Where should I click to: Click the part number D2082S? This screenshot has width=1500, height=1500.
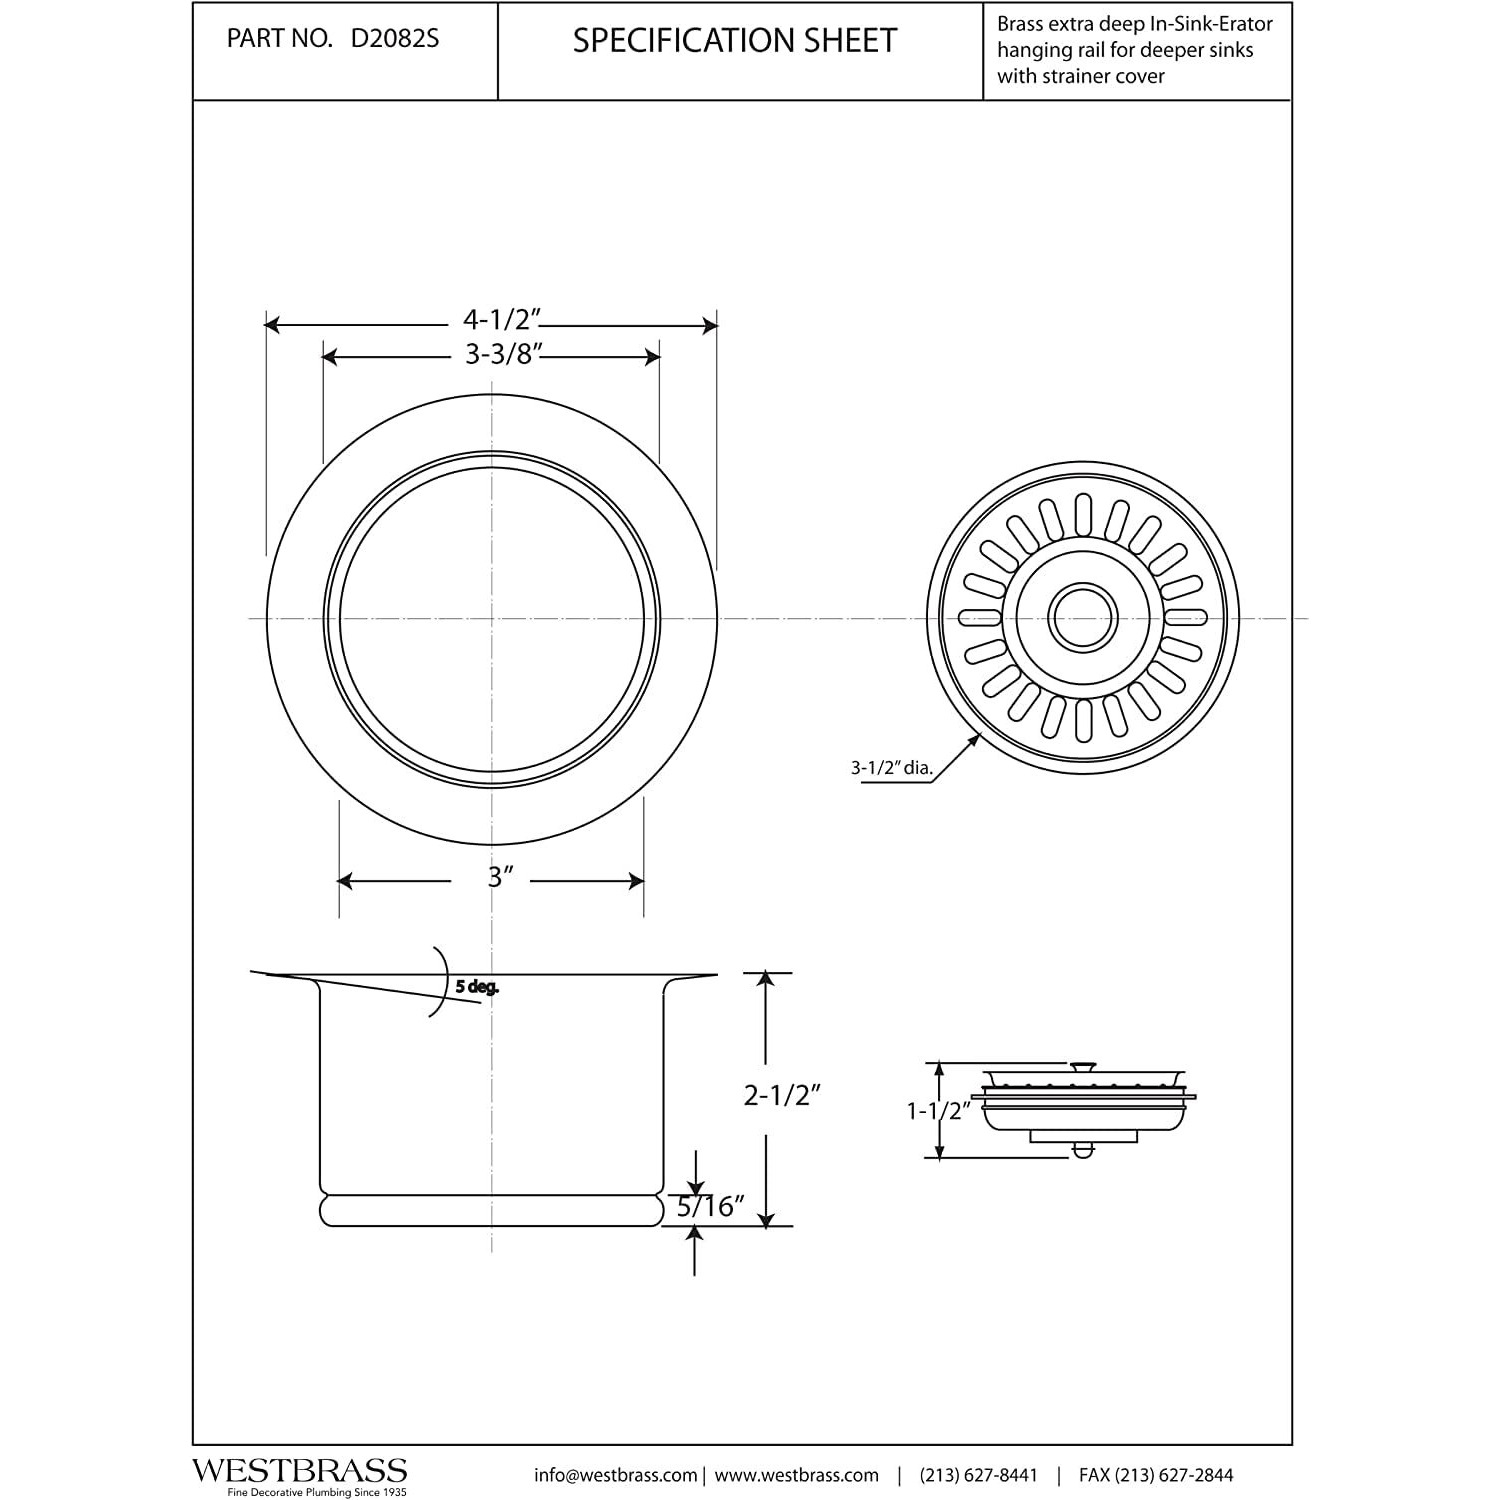tap(394, 39)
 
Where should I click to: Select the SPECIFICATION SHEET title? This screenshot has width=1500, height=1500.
tap(735, 40)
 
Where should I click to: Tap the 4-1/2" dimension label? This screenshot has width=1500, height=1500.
tap(501, 319)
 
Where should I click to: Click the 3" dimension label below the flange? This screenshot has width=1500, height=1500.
tap(500, 877)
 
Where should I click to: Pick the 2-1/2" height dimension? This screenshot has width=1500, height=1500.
tap(782, 1095)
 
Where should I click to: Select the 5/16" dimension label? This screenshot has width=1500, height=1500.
tap(711, 1207)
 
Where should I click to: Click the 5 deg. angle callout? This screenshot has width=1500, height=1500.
tap(477, 987)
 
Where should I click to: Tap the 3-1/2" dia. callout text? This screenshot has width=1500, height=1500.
tap(891, 768)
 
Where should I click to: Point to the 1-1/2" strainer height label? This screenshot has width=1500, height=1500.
tap(938, 1110)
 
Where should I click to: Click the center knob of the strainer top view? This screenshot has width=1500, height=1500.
tap(1083, 617)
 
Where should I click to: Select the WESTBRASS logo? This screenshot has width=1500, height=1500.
tap(300, 1470)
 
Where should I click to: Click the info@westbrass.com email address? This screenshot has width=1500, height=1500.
tap(615, 1475)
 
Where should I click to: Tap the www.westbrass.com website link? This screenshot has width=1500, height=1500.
tap(797, 1475)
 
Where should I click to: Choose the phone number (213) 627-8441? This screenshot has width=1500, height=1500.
tap(978, 1475)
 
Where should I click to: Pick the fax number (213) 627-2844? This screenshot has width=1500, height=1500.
tap(1156, 1475)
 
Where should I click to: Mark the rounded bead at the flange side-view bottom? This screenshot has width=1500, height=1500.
tap(491, 1209)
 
